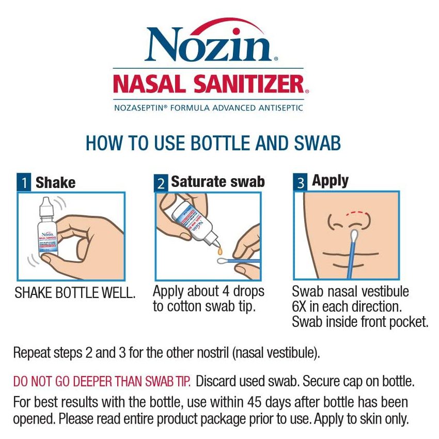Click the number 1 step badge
24,183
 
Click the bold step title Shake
55,182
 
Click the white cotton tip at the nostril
354,237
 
